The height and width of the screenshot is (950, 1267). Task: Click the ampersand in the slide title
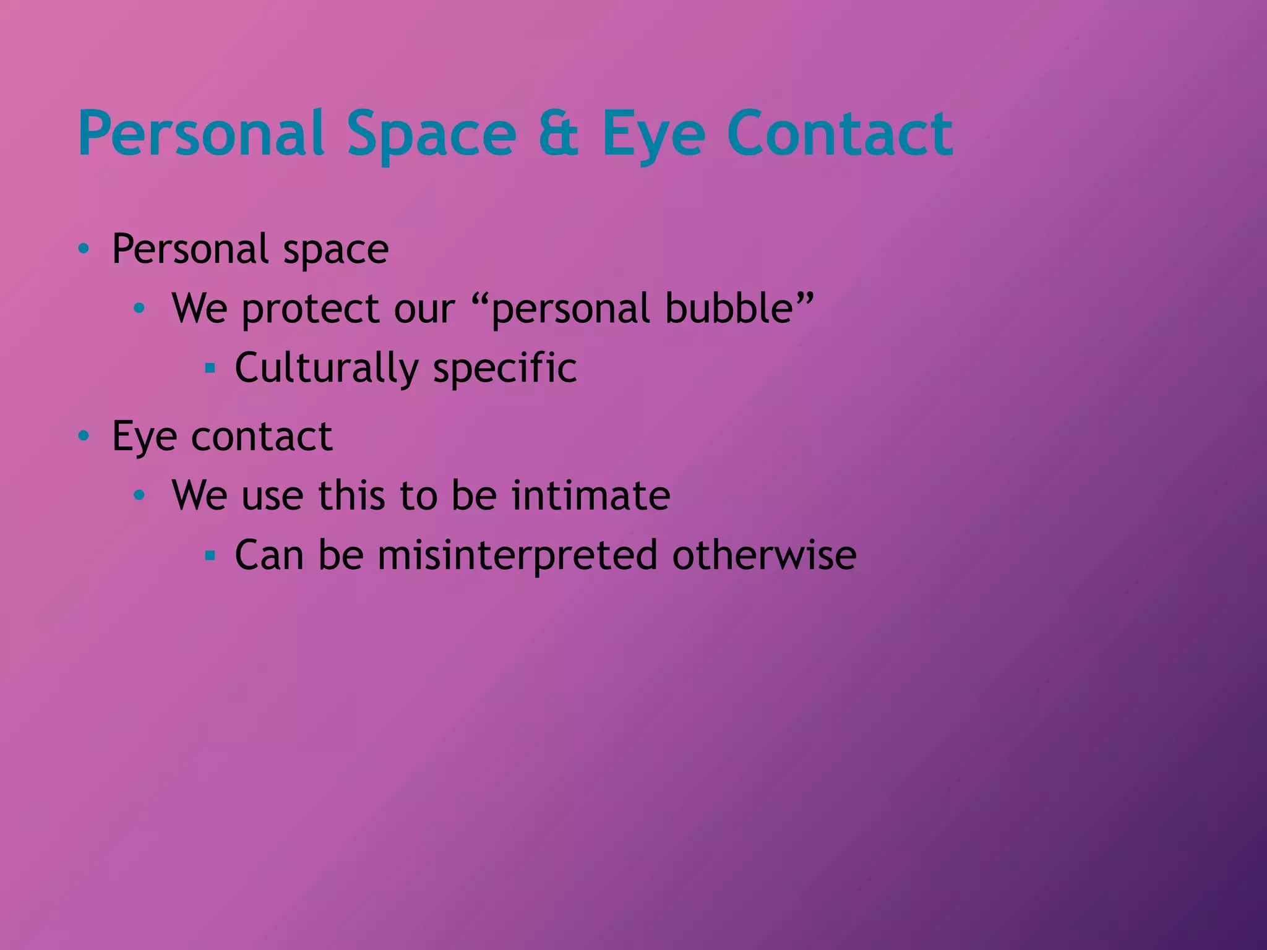pos(559,133)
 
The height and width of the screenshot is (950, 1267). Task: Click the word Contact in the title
pos(840,133)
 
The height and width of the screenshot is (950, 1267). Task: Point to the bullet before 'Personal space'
pos(84,249)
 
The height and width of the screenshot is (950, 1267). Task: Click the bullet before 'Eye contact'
pos(84,437)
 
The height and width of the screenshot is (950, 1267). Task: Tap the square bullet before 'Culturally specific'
pos(210,369)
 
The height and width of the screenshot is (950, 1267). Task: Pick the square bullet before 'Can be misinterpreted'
pos(210,555)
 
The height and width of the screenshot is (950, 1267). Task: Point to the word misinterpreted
pos(518,555)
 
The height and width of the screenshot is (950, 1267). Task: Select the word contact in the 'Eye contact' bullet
pos(262,436)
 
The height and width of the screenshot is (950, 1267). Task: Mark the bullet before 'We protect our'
pos(139,307)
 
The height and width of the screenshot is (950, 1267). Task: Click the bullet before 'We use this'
pos(139,495)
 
